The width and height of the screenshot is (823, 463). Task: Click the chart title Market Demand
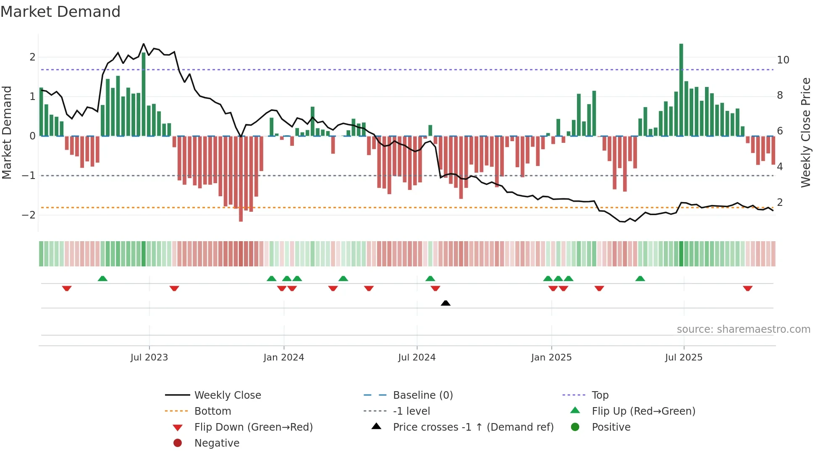[60, 12]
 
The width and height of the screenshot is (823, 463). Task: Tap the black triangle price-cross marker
[446, 303]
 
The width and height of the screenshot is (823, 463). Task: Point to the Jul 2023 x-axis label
[149, 358]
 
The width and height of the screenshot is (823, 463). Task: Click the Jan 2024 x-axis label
[284, 358]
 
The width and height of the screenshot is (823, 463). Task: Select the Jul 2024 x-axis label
[417, 358]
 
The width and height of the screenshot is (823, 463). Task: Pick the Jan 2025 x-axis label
[551, 358]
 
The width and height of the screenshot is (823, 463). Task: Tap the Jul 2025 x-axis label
[684, 358]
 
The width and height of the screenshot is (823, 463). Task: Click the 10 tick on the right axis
[783, 60]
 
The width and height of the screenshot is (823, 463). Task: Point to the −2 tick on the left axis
[29, 215]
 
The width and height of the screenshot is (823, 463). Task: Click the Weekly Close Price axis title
[805, 132]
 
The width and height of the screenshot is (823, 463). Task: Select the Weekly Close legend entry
[227, 395]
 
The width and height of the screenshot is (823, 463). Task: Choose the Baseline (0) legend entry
[422, 395]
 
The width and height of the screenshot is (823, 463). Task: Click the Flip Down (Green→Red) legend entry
[253, 427]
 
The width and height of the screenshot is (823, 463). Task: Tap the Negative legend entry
[217, 443]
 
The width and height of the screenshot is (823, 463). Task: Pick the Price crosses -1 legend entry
[473, 427]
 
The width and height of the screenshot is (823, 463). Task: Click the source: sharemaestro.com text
[743, 329]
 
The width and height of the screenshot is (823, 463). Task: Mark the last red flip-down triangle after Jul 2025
[747, 288]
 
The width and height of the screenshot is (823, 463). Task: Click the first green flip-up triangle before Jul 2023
[102, 279]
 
